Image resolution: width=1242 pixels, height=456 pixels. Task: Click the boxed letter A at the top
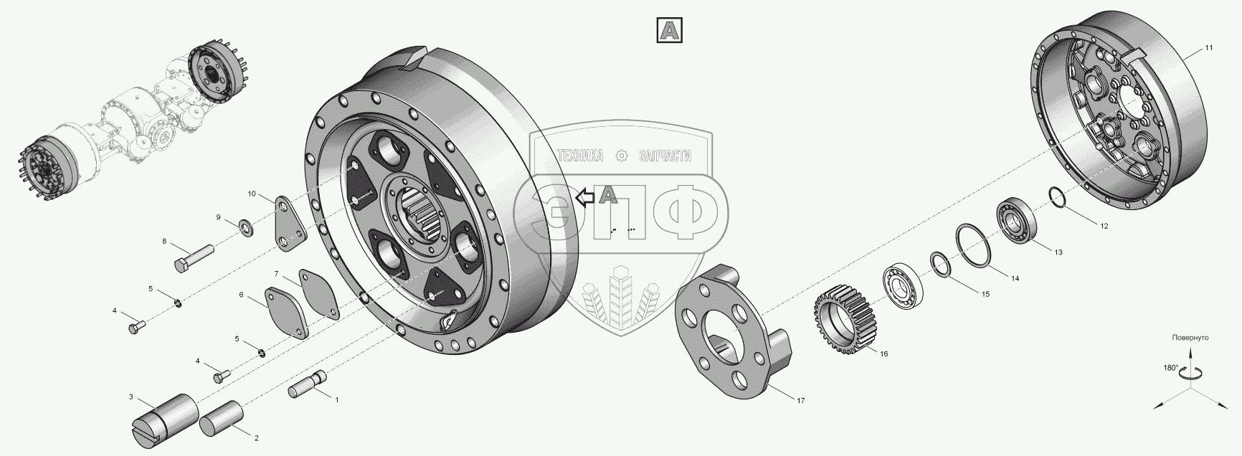669,30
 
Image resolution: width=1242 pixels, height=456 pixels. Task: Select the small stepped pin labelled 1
308,384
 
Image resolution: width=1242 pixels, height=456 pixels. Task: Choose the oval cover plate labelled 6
288,313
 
